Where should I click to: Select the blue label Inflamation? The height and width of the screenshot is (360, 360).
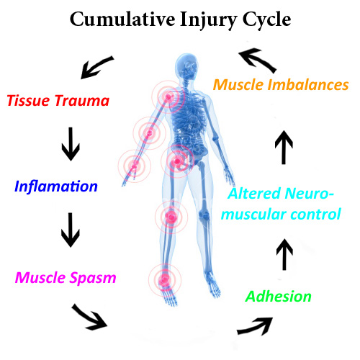pyautogui.click(x=55, y=186)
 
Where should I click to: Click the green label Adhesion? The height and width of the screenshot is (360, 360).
pyautogui.click(x=279, y=296)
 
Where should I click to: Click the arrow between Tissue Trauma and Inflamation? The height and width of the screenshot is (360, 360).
pyautogui.click(x=71, y=144)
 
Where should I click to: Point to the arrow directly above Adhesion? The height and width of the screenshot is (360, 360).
pyautogui.click(x=285, y=255)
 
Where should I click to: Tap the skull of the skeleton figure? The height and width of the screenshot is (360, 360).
pyautogui.click(x=189, y=68)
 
